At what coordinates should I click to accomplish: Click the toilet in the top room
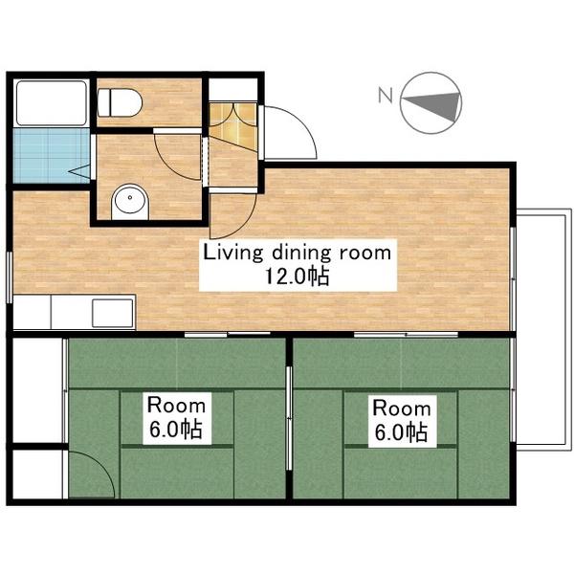tap(120, 102)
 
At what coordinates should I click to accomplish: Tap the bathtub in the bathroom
tap(52, 103)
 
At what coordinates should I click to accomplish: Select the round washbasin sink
tap(130, 201)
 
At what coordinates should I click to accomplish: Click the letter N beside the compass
tap(386, 95)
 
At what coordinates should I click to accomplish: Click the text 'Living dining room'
tap(298, 253)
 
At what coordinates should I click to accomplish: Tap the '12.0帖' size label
tap(298, 276)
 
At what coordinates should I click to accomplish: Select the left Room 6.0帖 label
tap(176, 417)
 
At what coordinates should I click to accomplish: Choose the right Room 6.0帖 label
tap(402, 420)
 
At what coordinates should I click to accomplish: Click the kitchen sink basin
tap(113, 313)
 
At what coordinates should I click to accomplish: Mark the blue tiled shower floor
tap(52, 155)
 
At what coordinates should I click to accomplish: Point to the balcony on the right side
tap(544, 329)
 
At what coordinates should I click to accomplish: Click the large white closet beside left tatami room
tap(37, 390)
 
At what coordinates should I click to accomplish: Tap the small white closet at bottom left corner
tap(37, 475)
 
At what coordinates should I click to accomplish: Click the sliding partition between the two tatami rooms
tap(289, 418)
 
